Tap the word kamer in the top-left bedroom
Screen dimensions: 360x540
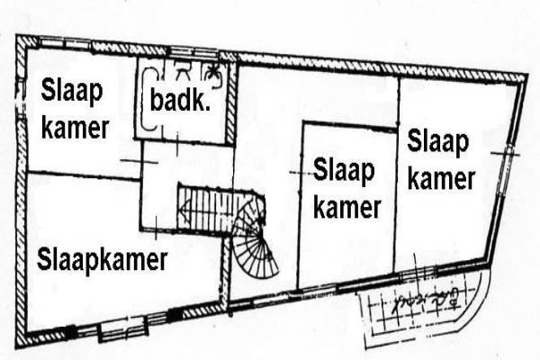pos(74,127)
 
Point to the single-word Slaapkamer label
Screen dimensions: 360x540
pos(103,260)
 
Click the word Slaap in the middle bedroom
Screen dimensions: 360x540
pos(346,168)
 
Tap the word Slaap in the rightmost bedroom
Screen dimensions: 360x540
pos(438,142)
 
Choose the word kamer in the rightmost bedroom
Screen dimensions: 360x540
pos(440,178)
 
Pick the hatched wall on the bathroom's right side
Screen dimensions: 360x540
pos(231,102)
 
